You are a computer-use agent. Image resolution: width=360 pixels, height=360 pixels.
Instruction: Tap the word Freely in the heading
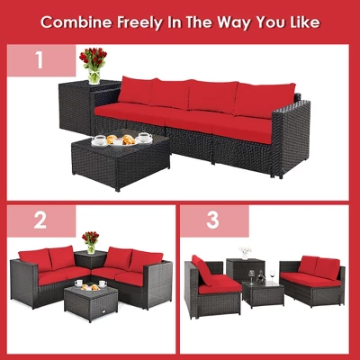click(x=137, y=21)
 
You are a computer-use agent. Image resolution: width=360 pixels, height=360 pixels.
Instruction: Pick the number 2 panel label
click(x=39, y=220)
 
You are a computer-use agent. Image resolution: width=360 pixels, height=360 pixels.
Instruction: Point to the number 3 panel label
click(x=213, y=220)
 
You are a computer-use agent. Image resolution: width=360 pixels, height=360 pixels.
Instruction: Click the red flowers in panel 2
click(x=90, y=239)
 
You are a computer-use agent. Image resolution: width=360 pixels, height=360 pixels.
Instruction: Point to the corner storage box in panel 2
click(x=90, y=263)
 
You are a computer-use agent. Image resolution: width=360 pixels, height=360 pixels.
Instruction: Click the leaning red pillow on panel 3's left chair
click(x=203, y=269)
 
